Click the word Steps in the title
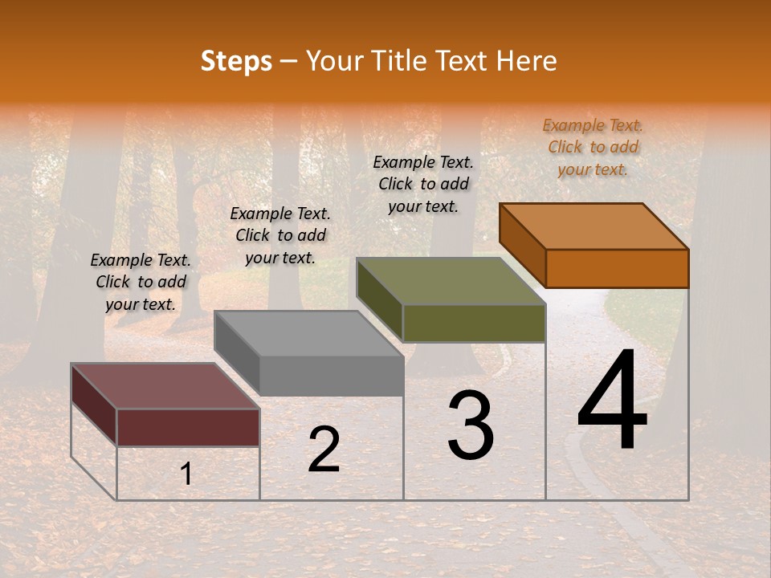coord(236,62)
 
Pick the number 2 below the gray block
coord(324,450)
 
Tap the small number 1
coord(186,474)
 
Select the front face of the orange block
coord(617,268)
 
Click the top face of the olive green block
coord(451,281)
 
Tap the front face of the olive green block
coord(474,323)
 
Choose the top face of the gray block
coord(309,333)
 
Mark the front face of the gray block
coord(332,376)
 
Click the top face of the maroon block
coord(165,385)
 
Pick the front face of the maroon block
coord(188,427)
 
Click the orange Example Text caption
coord(593,147)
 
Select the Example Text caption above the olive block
coord(423,184)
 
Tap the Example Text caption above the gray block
coord(280,235)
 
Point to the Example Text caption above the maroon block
coord(141,282)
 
